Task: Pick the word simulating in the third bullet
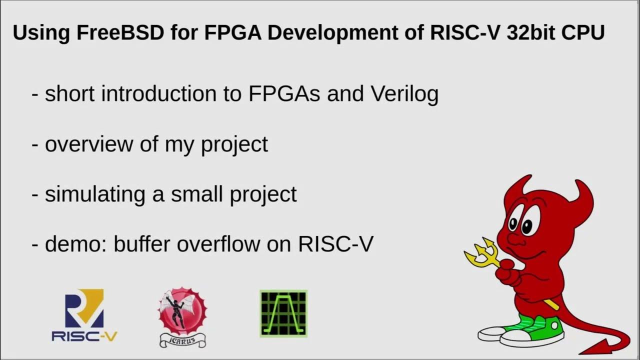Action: [95, 194]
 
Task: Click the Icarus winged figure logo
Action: [182, 311]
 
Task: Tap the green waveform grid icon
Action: [283, 313]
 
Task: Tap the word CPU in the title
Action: [581, 33]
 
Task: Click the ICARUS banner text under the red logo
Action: [182, 341]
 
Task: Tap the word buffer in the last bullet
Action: [143, 244]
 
